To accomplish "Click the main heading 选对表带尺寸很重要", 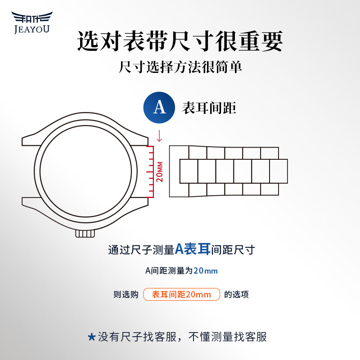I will click(x=180, y=41).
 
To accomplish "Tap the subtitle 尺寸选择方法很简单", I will click(x=180, y=68).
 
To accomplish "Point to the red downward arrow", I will click(x=159, y=135).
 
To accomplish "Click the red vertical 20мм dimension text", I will click(x=159, y=171).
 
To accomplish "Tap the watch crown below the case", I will click(x=85, y=234).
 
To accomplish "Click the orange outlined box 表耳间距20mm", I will click(x=181, y=295).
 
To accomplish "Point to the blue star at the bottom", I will click(x=91, y=337).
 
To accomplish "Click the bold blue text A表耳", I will click(x=193, y=249).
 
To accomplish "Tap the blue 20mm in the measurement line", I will click(x=206, y=271).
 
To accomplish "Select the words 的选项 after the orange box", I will click(x=236, y=295).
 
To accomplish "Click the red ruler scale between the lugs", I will click(x=151, y=171).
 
